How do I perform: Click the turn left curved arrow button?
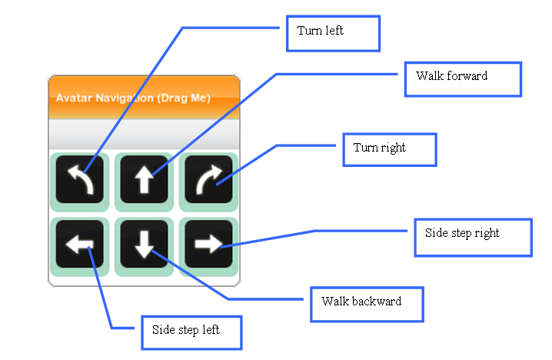click(79, 179)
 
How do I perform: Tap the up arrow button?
click(144, 179)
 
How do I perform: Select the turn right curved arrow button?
click(208, 179)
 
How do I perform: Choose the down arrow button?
click(144, 244)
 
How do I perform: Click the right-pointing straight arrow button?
click(208, 244)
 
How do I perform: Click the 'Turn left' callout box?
click(334, 34)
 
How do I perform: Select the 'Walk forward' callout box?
click(463, 79)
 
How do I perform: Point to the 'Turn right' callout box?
click(390, 150)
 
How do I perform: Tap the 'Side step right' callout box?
click(473, 238)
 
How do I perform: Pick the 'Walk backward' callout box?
click(367, 305)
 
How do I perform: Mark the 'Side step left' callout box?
click(191, 333)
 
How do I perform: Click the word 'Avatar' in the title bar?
click(74, 98)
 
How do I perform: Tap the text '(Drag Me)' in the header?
click(184, 98)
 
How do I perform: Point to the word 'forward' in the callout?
click(467, 75)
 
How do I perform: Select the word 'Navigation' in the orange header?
click(125, 98)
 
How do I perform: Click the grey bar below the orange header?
click(144, 134)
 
